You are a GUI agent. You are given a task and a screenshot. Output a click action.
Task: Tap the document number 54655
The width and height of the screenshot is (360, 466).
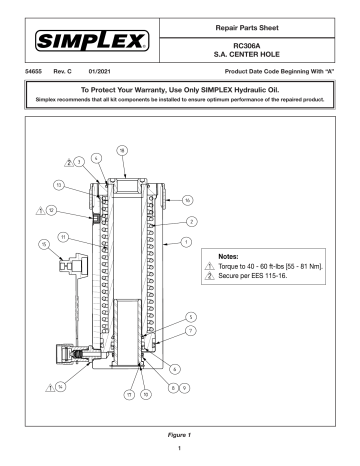click(x=29, y=72)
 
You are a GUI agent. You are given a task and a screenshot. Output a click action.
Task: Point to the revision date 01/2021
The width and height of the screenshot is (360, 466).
click(x=95, y=72)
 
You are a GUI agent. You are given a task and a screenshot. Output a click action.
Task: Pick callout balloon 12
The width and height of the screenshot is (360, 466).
click(x=51, y=212)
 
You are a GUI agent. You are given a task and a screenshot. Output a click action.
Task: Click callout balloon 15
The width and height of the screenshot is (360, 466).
click(x=44, y=244)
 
